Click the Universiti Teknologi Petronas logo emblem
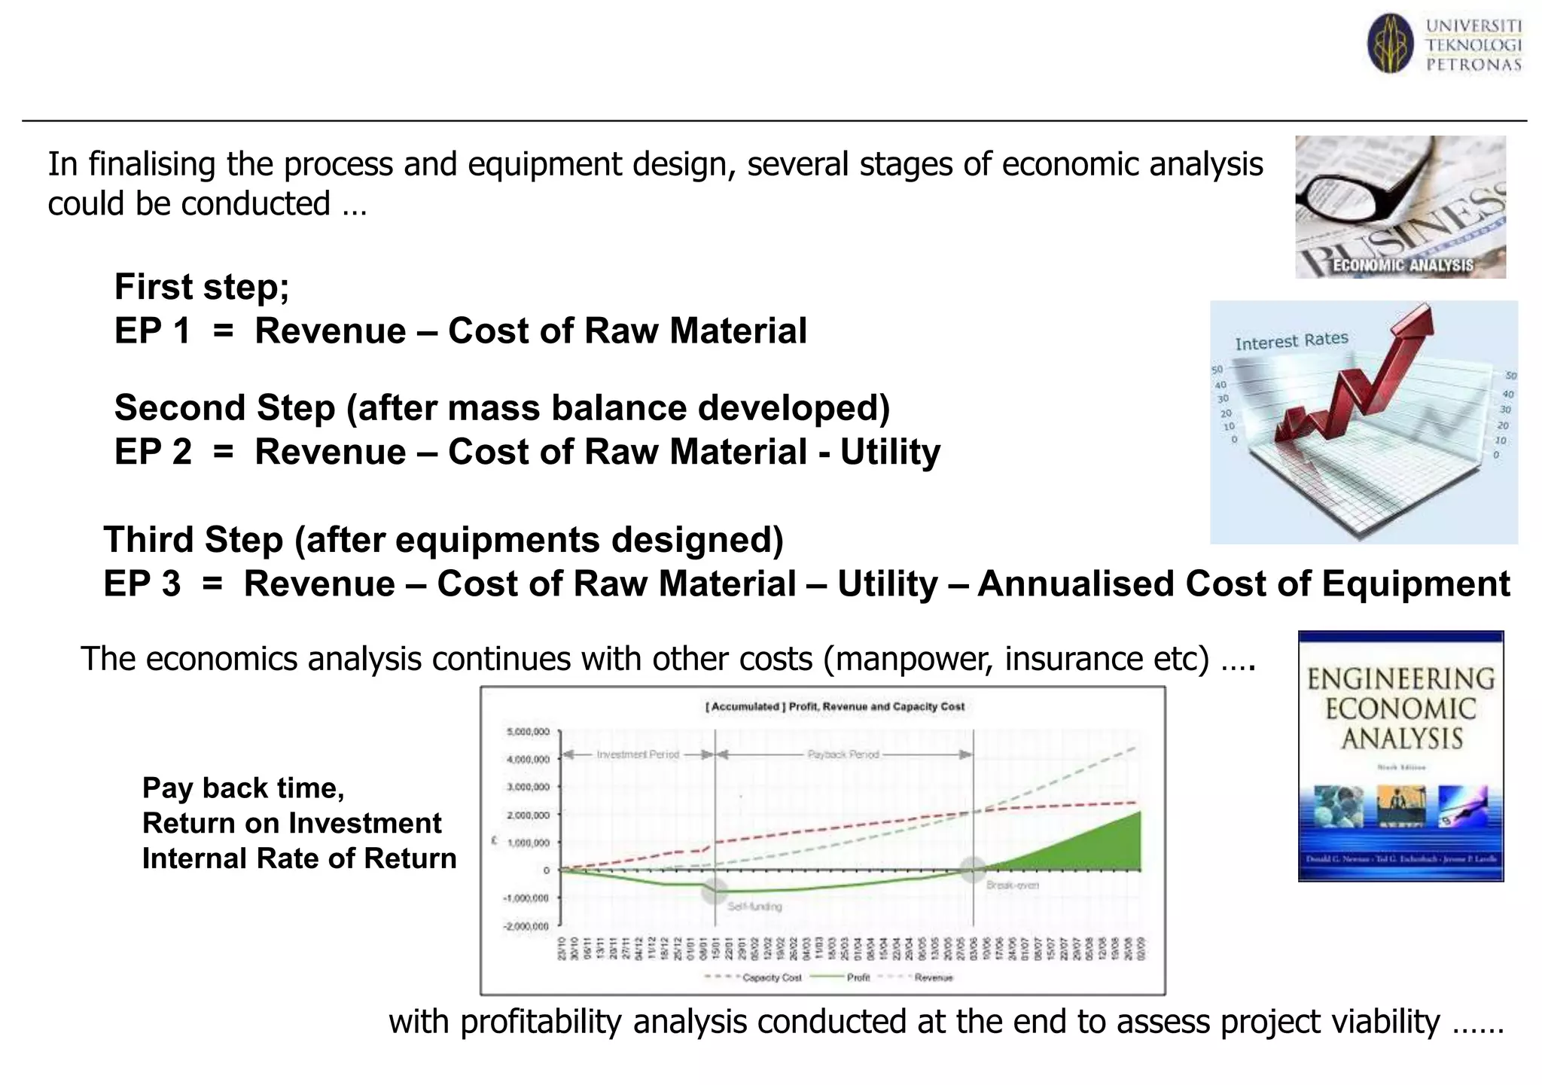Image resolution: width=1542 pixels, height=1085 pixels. (x=1390, y=44)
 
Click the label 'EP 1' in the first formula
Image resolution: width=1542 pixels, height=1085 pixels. (x=152, y=331)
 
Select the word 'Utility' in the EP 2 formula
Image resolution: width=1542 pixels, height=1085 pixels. (x=890, y=453)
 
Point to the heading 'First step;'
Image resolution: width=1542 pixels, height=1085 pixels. (x=202, y=287)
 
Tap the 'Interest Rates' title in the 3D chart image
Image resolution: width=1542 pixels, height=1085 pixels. (x=1291, y=341)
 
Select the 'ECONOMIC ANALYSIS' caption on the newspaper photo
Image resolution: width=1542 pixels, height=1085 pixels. (x=1402, y=265)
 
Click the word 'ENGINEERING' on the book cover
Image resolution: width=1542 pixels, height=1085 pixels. (x=1400, y=679)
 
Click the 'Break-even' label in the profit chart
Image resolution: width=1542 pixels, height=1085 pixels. (x=1012, y=885)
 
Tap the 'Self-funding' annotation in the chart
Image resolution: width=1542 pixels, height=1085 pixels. (x=754, y=907)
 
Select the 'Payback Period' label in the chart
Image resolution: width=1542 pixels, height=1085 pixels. (x=843, y=754)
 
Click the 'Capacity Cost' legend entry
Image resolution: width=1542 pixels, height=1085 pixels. (x=771, y=977)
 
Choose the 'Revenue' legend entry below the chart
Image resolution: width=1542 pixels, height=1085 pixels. (x=933, y=977)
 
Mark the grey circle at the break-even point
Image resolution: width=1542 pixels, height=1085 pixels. (x=973, y=870)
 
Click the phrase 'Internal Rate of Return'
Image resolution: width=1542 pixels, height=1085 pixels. (x=299, y=858)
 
